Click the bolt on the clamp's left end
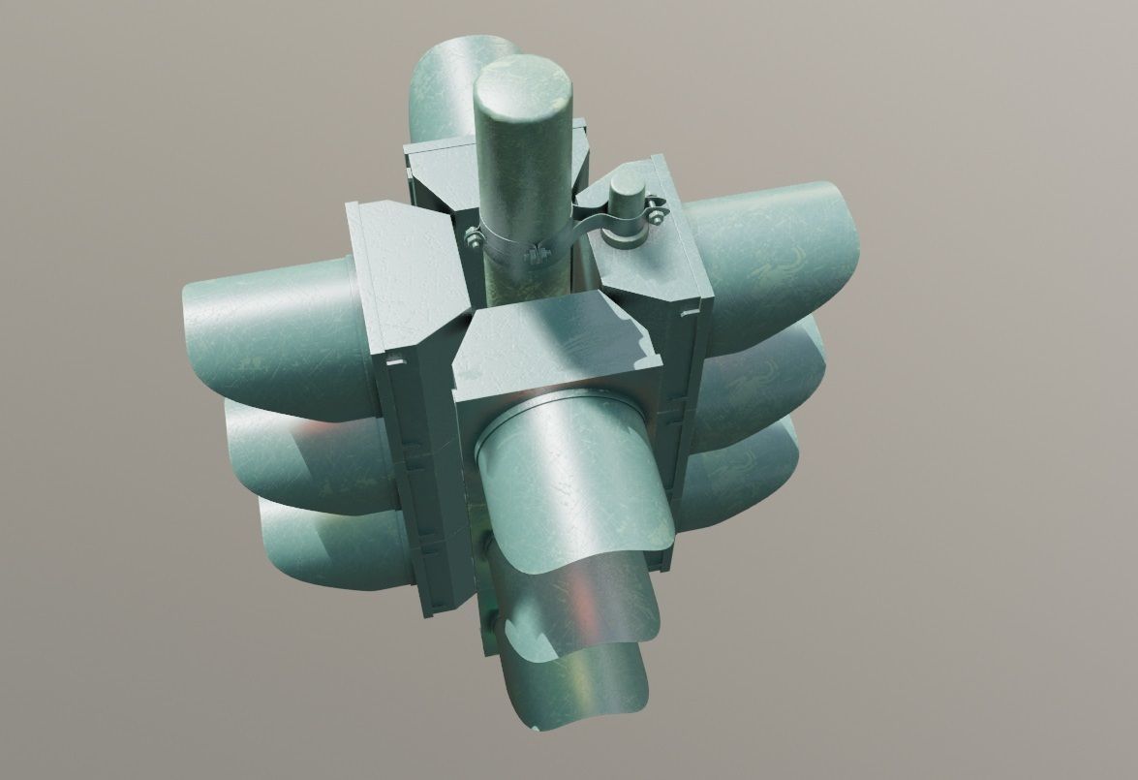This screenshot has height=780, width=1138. click(473, 237)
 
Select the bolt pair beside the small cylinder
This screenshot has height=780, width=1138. click(657, 210)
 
